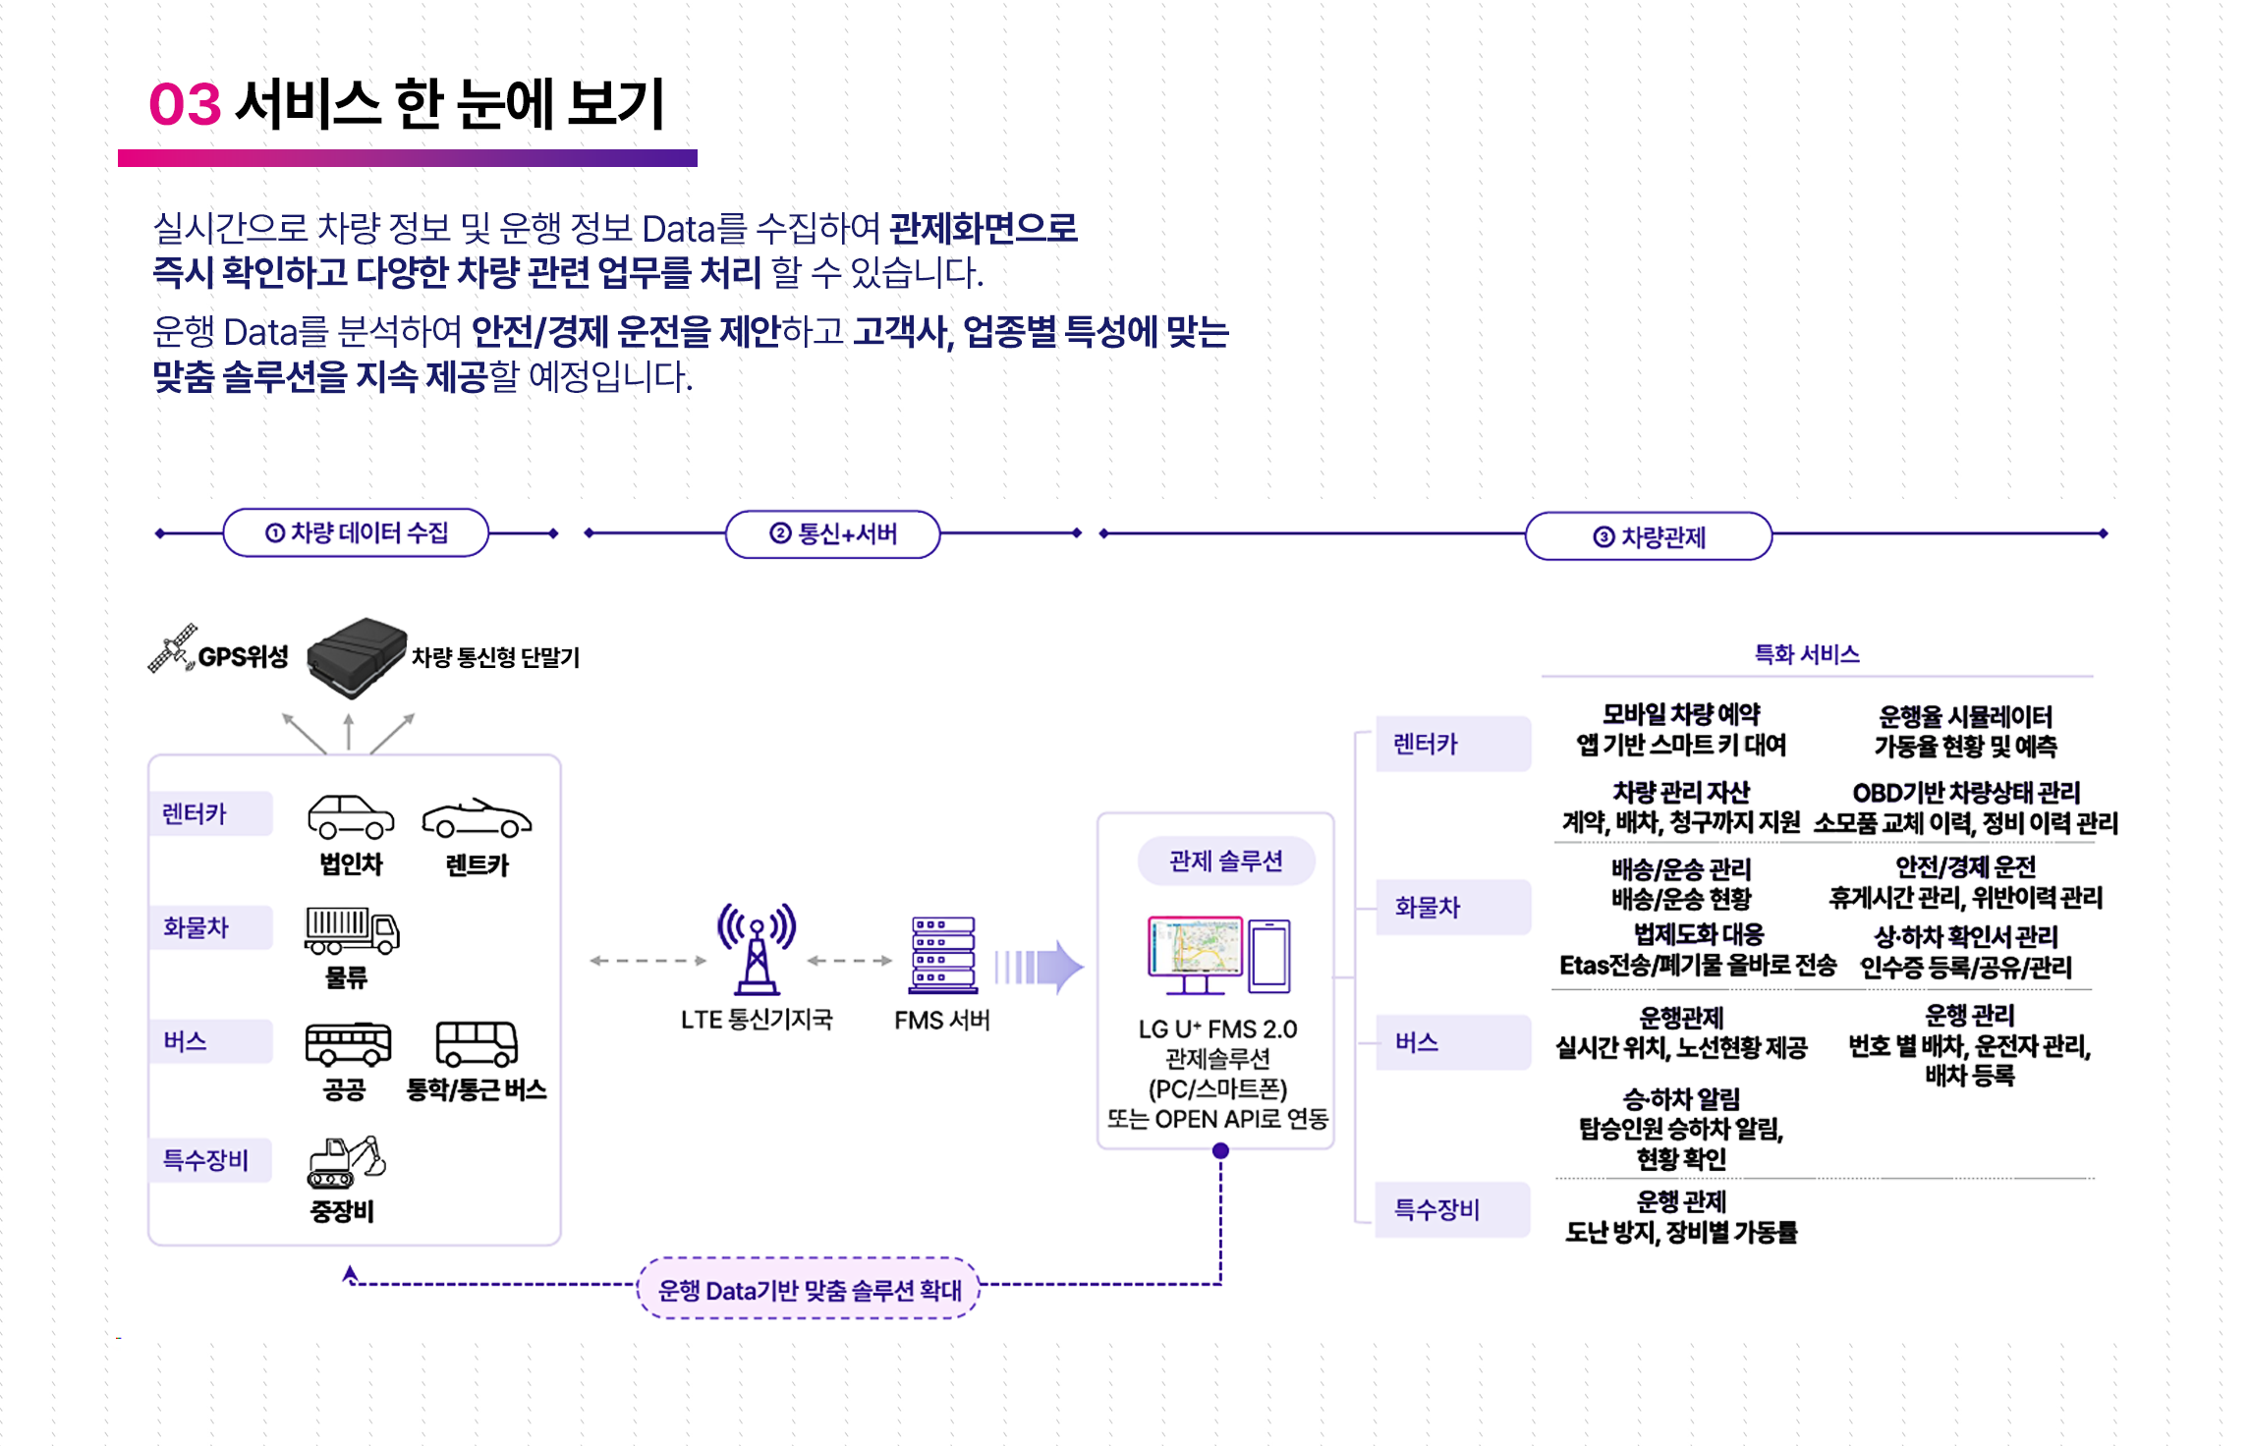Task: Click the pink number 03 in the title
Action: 185,104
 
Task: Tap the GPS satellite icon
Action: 172,648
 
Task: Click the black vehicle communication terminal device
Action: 357,656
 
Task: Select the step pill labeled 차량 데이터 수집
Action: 356,533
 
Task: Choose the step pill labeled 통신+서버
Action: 833,534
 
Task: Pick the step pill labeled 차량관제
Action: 1649,536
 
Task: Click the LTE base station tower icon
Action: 757,949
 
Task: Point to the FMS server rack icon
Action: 943,954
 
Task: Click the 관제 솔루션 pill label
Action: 1226,862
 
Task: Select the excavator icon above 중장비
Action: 346,1162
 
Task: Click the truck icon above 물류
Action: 352,930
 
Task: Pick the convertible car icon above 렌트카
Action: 477,818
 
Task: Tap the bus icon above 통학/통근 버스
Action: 477,1043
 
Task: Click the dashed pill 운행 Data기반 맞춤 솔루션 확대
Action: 809,1289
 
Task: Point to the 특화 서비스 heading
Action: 1807,654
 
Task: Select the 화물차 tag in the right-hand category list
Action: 1452,907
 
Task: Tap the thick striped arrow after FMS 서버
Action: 1040,967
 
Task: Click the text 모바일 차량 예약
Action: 1681,714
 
